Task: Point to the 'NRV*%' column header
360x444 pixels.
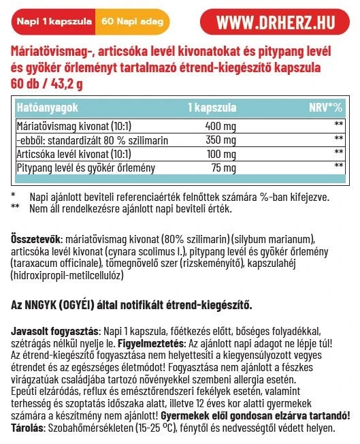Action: (x=325, y=108)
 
